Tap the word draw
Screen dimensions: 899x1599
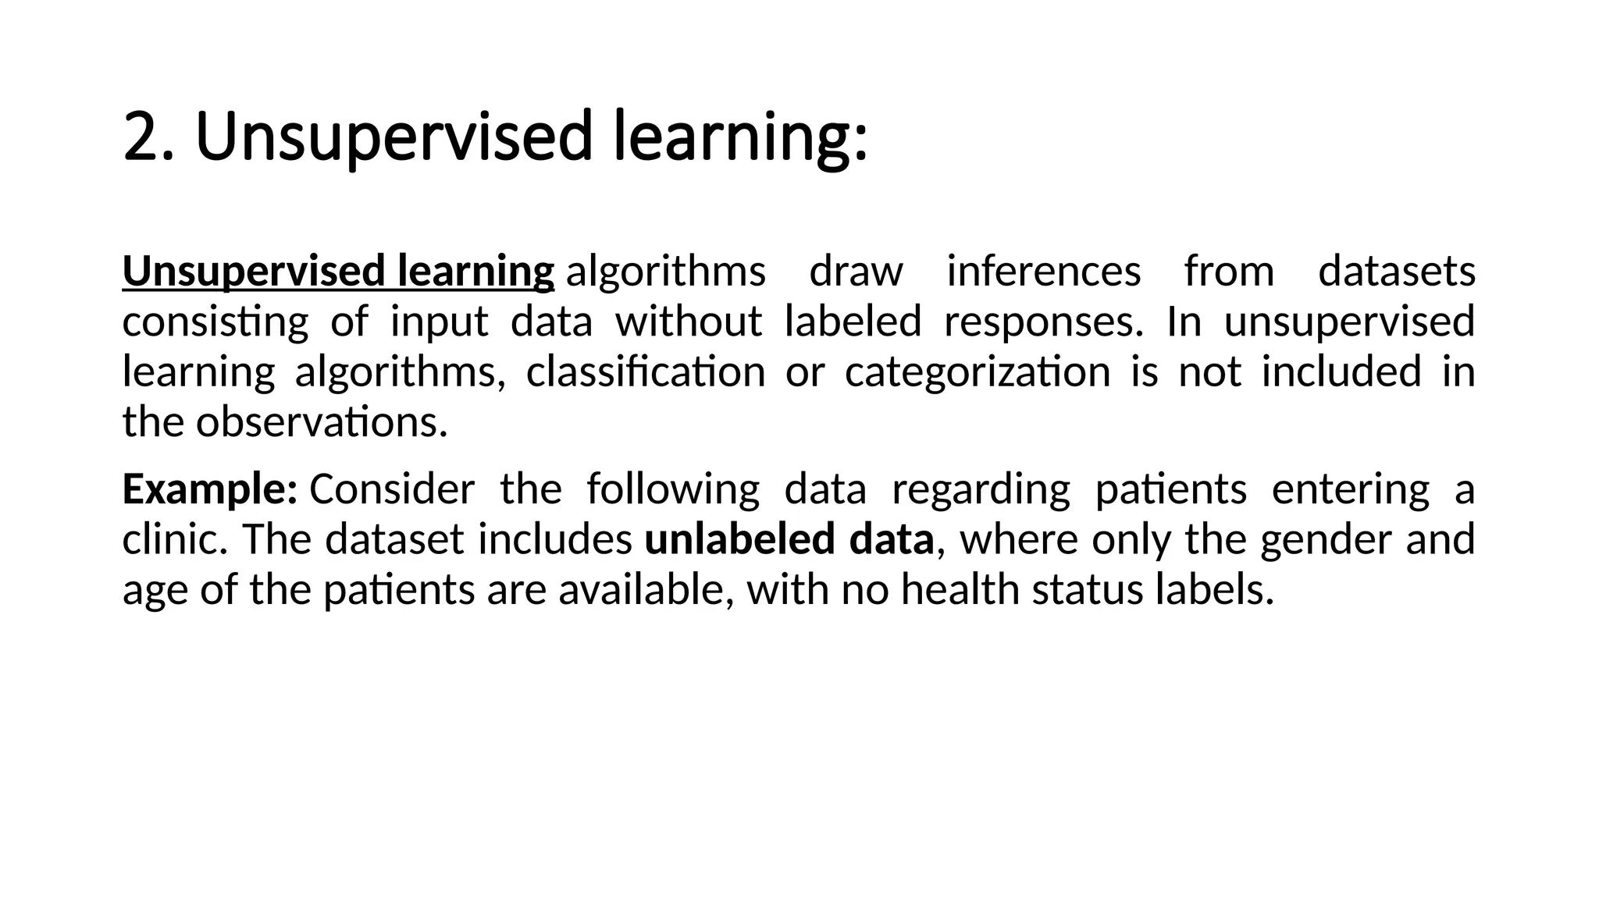(x=856, y=272)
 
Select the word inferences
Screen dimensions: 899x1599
(x=1044, y=272)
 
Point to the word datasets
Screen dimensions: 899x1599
(x=1396, y=272)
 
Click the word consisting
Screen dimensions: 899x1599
(x=215, y=322)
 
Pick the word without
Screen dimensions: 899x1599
(x=688, y=322)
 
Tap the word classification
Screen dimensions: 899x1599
(x=645, y=371)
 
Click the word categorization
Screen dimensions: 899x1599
(x=978, y=371)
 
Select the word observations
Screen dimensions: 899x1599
(x=322, y=422)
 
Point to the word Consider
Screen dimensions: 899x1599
(x=392, y=490)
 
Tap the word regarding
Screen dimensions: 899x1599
(x=981, y=490)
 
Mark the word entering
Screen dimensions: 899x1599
(x=1350, y=490)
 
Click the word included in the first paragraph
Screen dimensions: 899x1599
(x=1341, y=371)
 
